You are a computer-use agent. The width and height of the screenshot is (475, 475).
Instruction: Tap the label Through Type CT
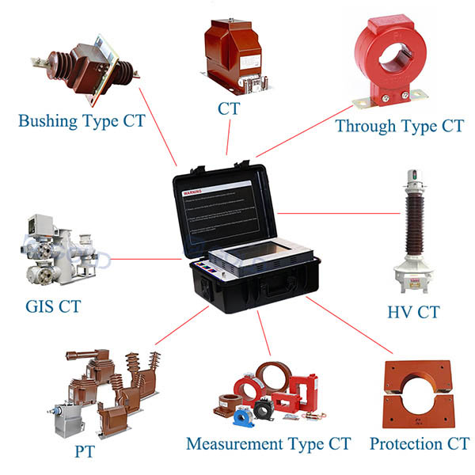point(398,125)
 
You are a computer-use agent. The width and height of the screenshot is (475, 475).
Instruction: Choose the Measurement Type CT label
point(268,443)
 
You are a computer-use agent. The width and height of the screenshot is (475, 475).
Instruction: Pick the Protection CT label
point(420,443)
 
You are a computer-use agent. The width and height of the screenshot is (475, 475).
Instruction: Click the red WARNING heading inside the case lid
point(193,192)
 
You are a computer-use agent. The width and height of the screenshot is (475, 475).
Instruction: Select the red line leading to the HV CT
point(336,212)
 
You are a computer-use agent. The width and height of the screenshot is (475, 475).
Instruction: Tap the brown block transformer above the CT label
point(232,49)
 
